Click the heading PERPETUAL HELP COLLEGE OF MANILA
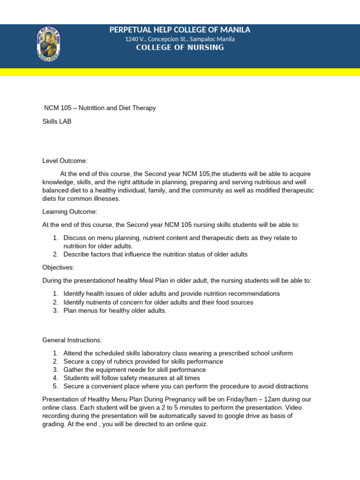coord(180,30)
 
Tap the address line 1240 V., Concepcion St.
coord(180,39)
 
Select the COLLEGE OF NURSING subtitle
coord(180,48)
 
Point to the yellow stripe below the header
coord(180,72)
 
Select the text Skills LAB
coord(57,121)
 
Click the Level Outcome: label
coord(65,161)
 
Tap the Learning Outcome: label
coord(70,212)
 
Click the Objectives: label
coord(58,268)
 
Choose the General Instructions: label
coord(72,340)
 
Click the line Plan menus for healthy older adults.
coord(115,311)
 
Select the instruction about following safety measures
coord(132,378)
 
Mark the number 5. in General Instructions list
coord(55,386)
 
